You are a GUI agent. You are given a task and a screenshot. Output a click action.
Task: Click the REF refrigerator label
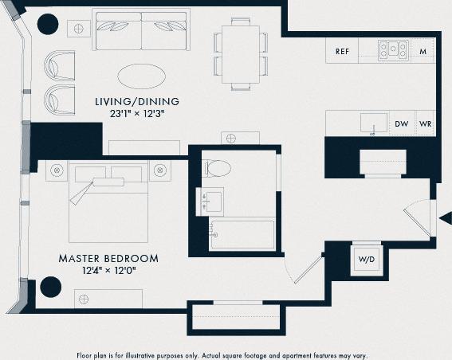342,51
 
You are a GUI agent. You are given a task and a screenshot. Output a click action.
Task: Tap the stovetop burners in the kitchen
392,50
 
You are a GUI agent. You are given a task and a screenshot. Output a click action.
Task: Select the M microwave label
423,51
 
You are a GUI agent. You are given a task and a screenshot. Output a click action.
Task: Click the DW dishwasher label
402,124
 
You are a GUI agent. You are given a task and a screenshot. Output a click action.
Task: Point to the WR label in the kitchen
425,124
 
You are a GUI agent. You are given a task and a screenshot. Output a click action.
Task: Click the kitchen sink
372,123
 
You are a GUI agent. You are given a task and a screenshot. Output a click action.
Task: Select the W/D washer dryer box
367,259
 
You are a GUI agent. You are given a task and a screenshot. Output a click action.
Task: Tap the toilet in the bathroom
217,168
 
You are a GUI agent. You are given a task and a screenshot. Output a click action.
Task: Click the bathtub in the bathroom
238,236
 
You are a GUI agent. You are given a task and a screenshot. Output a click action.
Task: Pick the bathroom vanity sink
212,199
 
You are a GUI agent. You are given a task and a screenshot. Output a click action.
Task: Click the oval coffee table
143,77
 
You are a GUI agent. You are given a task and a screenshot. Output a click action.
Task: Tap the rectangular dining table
240,53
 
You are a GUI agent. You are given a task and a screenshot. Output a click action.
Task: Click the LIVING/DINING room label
137,102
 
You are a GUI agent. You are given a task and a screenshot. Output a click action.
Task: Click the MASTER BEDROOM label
108,259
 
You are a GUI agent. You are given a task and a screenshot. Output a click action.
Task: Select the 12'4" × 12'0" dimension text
108,271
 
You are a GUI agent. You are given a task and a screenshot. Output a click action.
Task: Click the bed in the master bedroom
108,203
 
